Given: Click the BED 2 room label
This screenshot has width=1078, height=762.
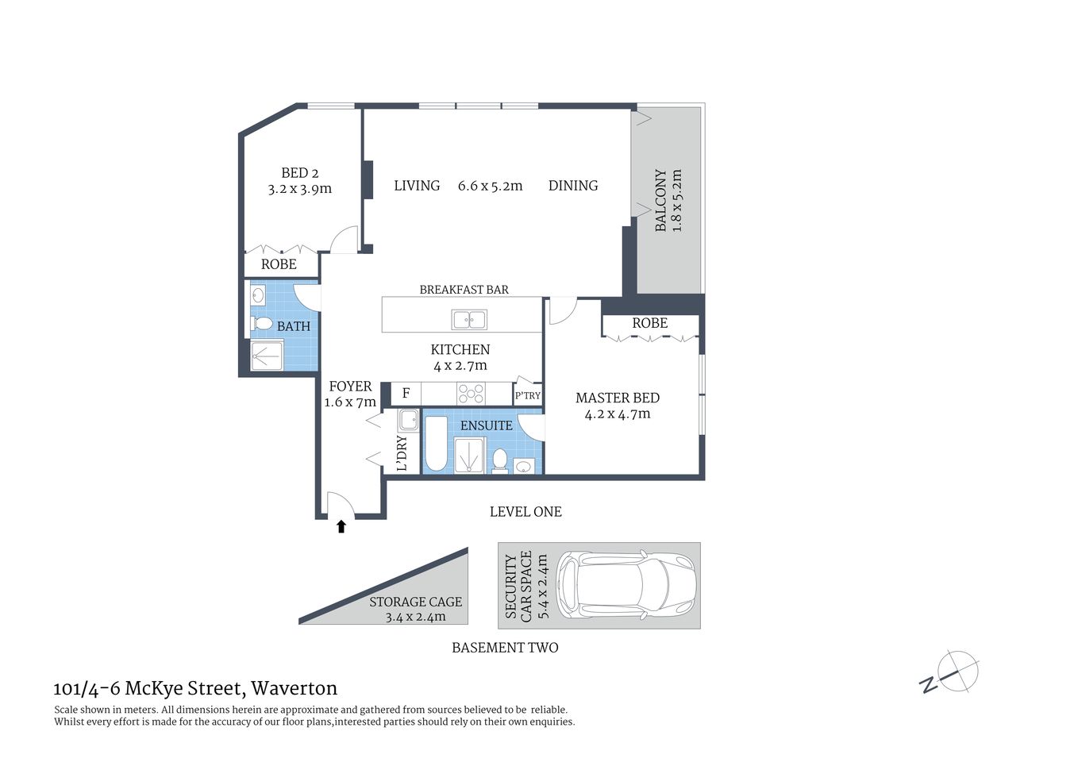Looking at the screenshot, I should pos(299,173).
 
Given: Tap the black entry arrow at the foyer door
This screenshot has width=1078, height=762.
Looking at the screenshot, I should pos(341,526).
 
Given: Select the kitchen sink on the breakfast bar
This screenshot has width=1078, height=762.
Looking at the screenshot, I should pos(469,320).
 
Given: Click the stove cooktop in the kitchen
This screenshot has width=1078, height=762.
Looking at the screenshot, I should pos(472,394).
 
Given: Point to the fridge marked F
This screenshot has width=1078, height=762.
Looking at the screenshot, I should pos(406,394).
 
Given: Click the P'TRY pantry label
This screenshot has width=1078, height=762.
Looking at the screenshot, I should pos(527,395).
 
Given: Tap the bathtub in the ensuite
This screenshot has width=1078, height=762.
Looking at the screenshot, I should pos(437,445).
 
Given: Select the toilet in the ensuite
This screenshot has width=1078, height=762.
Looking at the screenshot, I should pos(500,460).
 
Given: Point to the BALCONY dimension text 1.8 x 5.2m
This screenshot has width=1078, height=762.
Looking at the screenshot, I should pos(677,201).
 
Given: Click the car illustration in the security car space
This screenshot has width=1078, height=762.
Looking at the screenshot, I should pos(626,586).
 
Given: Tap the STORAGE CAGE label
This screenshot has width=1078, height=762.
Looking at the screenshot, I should pos(415,602).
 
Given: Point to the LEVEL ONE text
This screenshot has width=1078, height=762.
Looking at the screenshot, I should pos(526,512).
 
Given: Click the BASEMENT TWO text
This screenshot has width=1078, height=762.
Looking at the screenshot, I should pos(505,648).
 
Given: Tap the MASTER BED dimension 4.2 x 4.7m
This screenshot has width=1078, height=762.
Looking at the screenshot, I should pos(618,414).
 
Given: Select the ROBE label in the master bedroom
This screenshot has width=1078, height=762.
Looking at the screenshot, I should pos(649,323).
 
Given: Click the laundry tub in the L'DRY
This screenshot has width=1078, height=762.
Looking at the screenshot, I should pos(409,420).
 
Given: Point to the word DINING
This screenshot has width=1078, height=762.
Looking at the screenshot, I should pos(573,186).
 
